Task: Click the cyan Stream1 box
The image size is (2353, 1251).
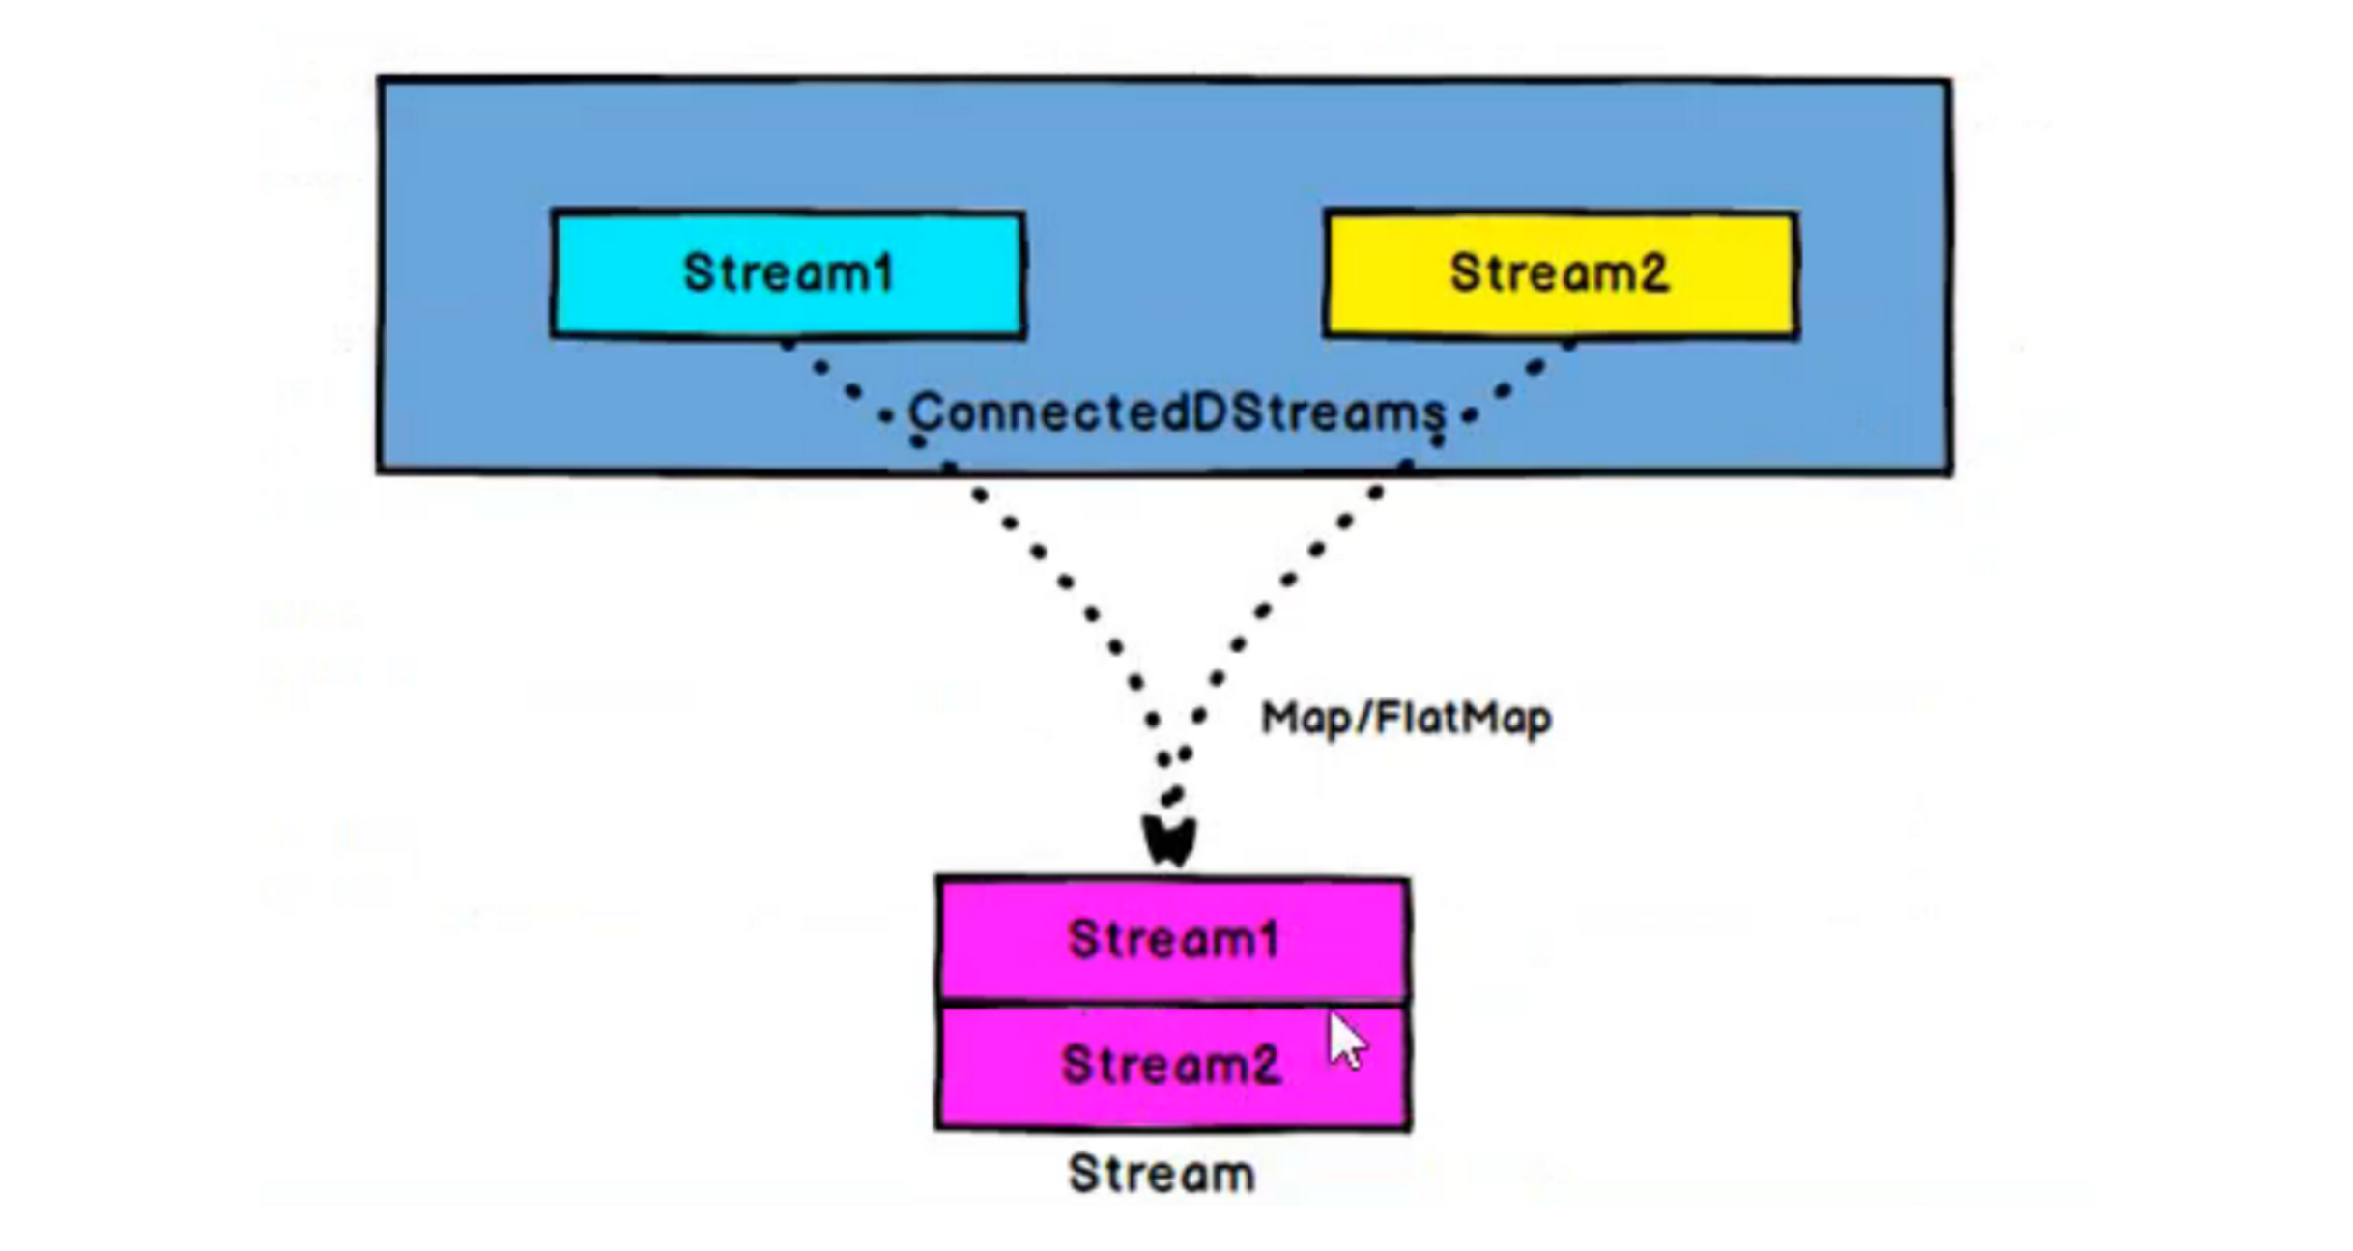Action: (x=788, y=273)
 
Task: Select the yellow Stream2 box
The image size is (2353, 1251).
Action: (x=1561, y=273)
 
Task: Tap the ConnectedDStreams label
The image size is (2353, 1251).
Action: (x=1176, y=413)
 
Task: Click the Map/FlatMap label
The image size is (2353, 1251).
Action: (x=1406, y=719)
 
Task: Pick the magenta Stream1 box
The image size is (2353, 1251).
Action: (x=1172, y=938)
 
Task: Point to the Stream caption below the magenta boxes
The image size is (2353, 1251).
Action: (x=1162, y=1174)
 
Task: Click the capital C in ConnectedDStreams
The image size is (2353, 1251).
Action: (x=925, y=413)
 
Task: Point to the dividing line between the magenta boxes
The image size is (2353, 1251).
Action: (x=1172, y=1001)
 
